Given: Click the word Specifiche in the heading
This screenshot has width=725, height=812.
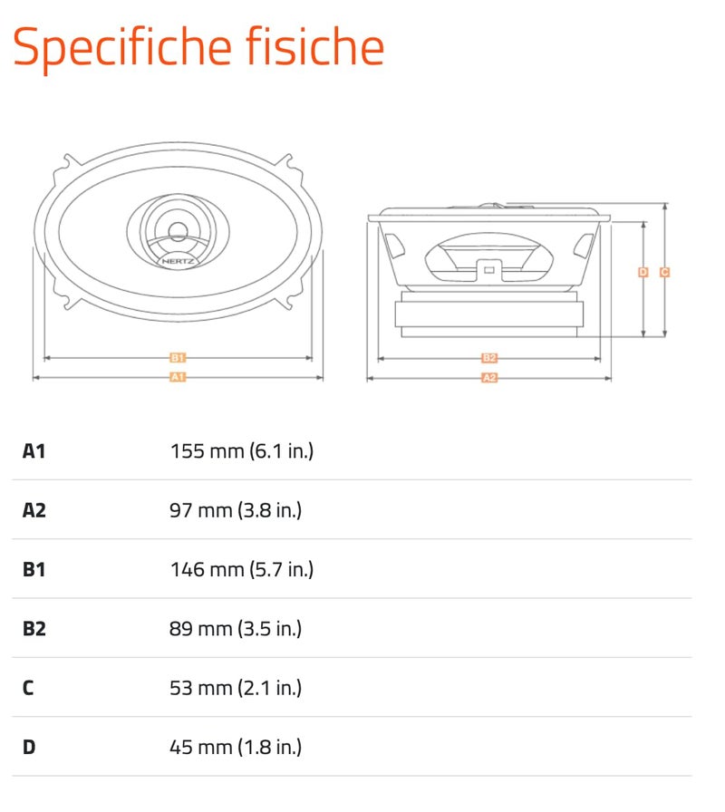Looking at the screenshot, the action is tap(121, 48).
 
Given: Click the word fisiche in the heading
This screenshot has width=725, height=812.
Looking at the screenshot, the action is tap(314, 45).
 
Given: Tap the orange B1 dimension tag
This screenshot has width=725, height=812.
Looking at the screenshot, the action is tap(178, 358).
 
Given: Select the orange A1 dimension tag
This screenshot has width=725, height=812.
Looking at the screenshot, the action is tap(178, 377).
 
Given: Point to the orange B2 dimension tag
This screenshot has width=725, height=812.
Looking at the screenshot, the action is tap(489, 358).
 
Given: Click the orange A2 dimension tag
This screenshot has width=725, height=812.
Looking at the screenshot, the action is tap(489, 378).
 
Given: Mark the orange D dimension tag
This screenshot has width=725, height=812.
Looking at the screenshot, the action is tap(643, 272).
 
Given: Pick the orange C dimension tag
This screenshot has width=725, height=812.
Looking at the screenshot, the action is tap(664, 272).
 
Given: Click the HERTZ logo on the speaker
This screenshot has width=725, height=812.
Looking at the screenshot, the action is tap(178, 261).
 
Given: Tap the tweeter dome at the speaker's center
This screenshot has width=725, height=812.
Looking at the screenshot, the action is tap(178, 231).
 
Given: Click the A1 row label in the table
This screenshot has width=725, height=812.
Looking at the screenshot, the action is tap(34, 451).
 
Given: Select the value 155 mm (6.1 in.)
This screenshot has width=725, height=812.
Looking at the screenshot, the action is tap(242, 451).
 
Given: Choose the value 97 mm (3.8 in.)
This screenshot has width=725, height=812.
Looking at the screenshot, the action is tap(236, 510).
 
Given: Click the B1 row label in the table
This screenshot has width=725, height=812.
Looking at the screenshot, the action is tap(34, 570).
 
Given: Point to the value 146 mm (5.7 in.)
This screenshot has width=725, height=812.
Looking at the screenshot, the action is tap(242, 570).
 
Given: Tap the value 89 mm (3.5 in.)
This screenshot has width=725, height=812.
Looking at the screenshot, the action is tap(236, 629).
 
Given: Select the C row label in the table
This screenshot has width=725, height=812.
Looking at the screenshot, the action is tap(28, 688).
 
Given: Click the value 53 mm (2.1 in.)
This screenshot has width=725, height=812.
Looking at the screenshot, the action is tap(236, 688).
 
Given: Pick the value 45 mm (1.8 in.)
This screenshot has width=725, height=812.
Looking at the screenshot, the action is tap(236, 748).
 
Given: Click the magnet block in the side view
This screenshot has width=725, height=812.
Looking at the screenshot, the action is tap(488, 314).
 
